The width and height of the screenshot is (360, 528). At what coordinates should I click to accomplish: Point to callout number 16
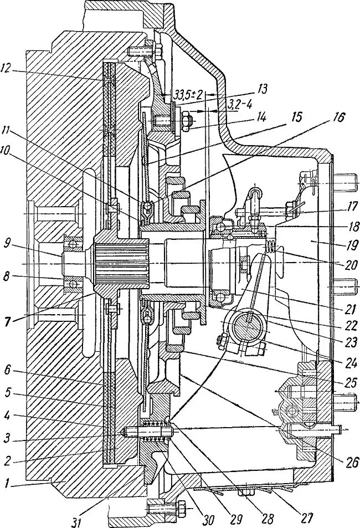[338, 118]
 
